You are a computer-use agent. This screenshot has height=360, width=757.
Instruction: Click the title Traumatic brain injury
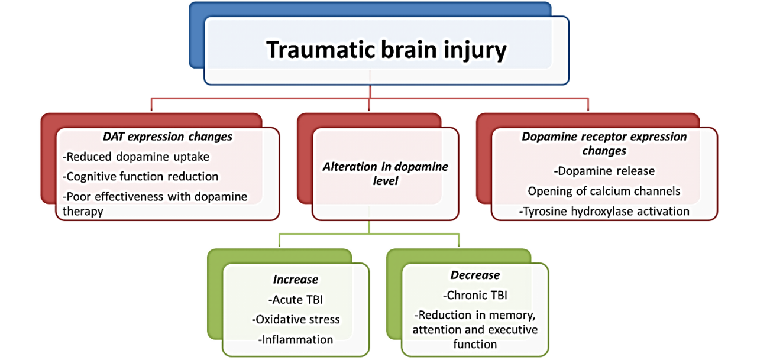[x=386, y=50]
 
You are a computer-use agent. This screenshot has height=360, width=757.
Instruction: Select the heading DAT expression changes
[x=168, y=137]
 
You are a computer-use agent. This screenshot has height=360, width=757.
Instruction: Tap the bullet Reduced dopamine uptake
[x=135, y=157]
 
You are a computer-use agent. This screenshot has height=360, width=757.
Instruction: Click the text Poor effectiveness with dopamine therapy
[x=155, y=203]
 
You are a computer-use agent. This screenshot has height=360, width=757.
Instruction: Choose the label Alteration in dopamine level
[x=385, y=173]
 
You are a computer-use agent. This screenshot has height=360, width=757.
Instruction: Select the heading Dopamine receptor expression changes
[x=604, y=144]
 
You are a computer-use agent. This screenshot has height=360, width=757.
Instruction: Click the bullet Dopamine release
[x=604, y=171]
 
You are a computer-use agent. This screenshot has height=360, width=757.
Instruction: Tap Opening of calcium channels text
[x=604, y=191]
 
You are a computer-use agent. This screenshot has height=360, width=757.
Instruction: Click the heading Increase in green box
[x=295, y=280]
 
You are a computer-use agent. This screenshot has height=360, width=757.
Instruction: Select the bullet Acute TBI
[x=295, y=300]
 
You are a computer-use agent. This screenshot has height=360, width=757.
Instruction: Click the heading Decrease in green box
[x=475, y=275]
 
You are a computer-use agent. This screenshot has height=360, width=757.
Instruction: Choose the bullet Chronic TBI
[x=475, y=295]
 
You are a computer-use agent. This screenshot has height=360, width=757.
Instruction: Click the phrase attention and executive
[x=475, y=329]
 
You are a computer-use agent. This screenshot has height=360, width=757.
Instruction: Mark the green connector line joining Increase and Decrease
[x=370, y=234]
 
